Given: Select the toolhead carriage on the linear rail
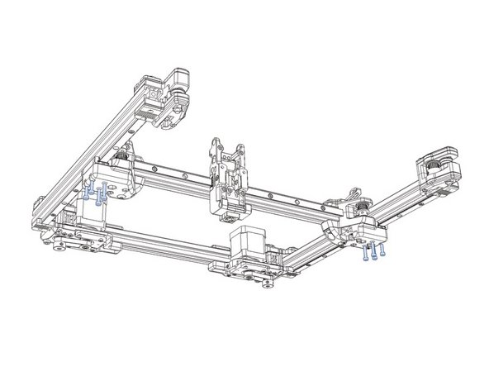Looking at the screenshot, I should pyautogui.click(x=226, y=179).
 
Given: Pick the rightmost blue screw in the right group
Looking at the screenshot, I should pyautogui.click(x=383, y=250).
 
